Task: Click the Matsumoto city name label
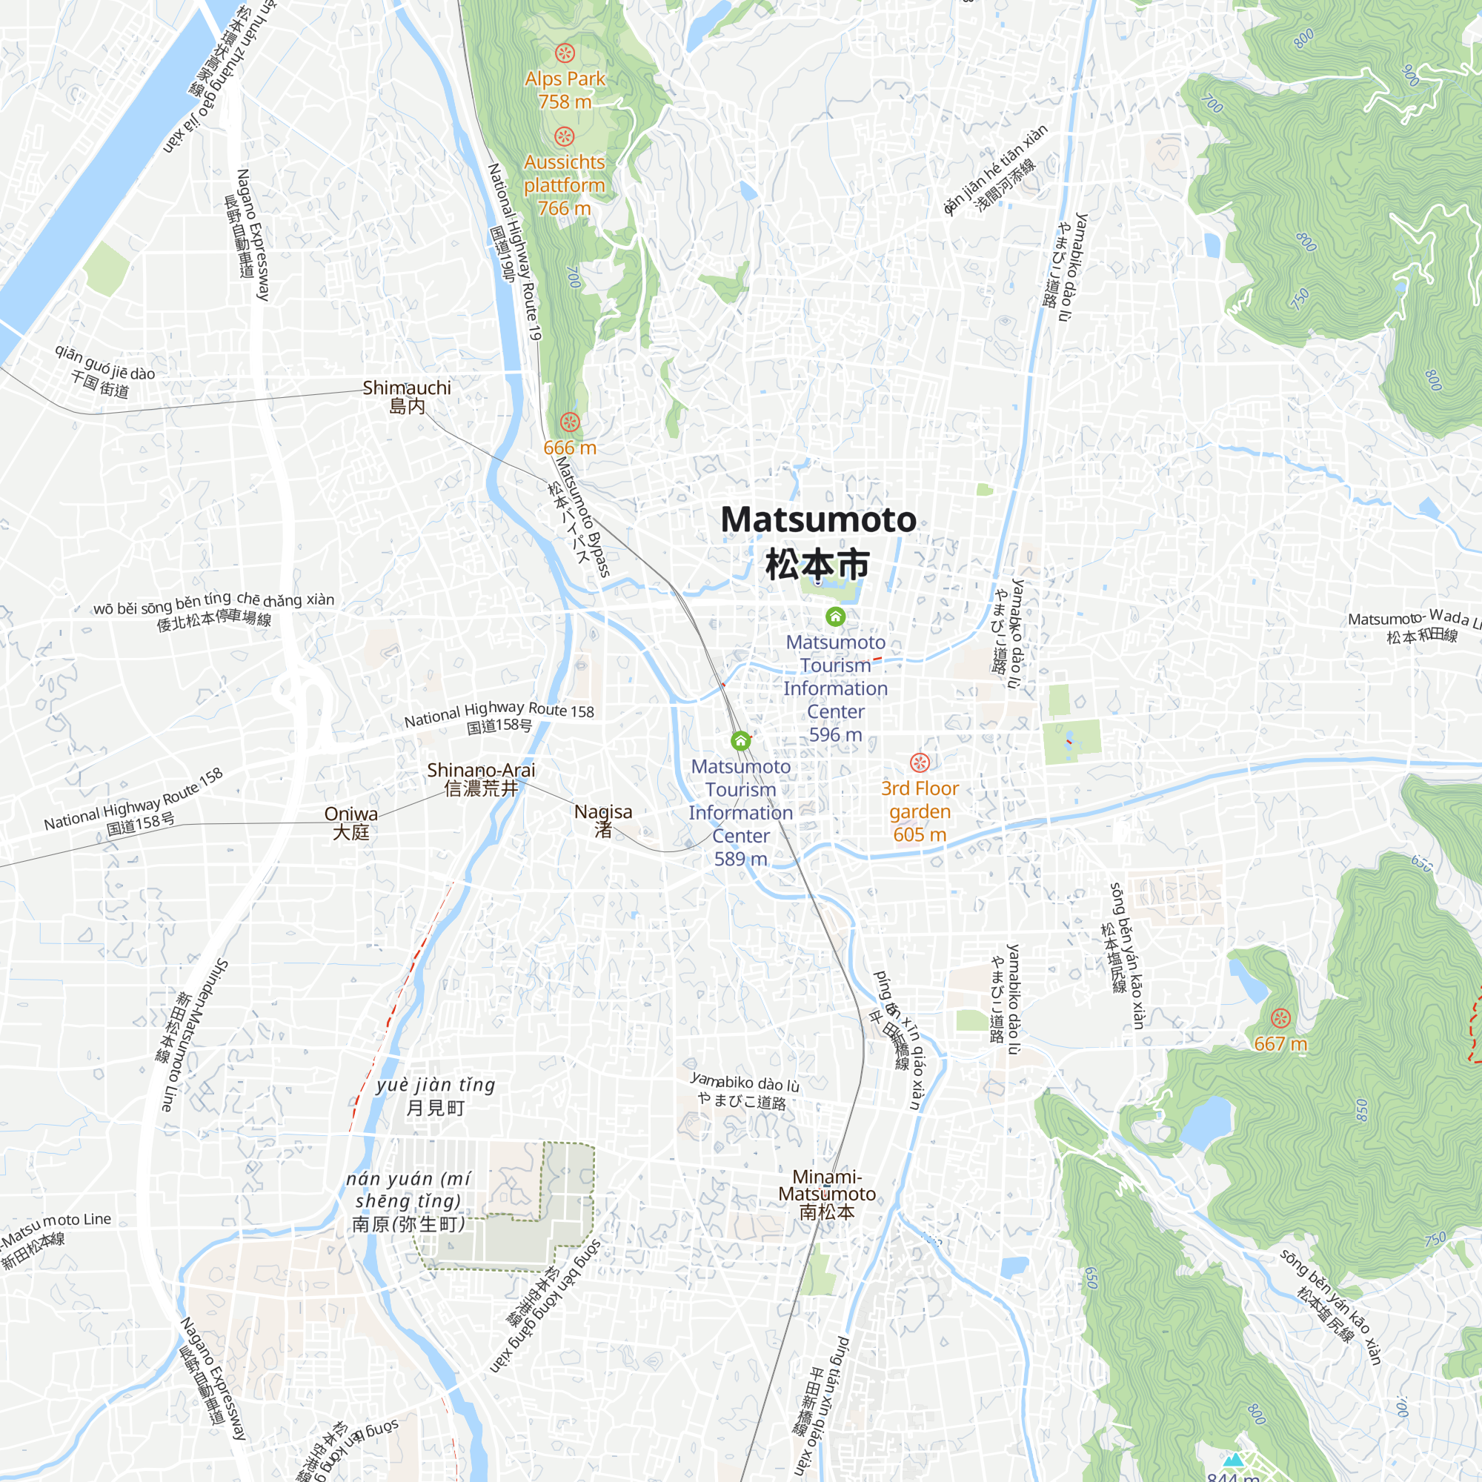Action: pyautogui.click(x=818, y=541)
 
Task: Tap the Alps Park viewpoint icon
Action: pyautogui.click(x=565, y=53)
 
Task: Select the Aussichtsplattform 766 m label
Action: pyautogui.click(x=565, y=185)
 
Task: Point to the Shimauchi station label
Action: pyautogui.click(x=407, y=396)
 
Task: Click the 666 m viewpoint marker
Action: pyautogui.click(x=569, y=422)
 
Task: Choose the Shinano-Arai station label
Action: pyautogui.click(x=481, y=779)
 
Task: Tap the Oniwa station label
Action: pyautogui.click(x=350, y=823)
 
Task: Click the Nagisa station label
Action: pyautogui.click(x=603, y=820)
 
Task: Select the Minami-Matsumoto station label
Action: pyautogui.click(x=826, y=1194)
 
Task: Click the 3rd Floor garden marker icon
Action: pyautogui.click(x=920, y=762)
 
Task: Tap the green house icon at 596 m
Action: pyautogui.click(x=835, y=616)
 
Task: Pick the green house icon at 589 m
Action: pyautogui.click(x=740, y=740)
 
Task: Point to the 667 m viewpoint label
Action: pyautogui.click(x=1280, y=1044)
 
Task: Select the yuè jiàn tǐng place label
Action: pyautogui.click(x=436, y=1095)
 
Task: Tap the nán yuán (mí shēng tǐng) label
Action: pyautogui.click(x=408, y=1200)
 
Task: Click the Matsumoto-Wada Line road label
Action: pyautogui.click(x=1412, y=624)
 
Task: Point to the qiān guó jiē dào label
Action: pyautogui.click(x=104, y=372)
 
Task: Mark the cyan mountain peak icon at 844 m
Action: pyautogui.click(x=1233, y=1460)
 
